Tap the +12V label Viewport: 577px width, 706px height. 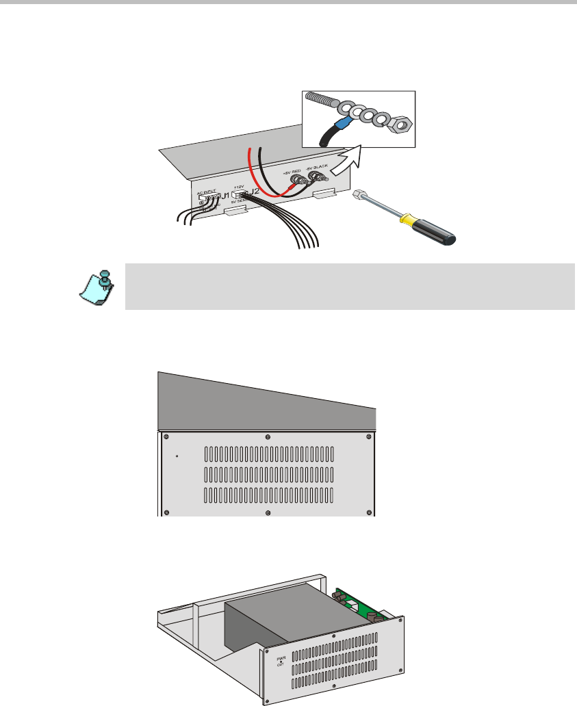239,186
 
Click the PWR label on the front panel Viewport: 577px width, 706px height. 279,659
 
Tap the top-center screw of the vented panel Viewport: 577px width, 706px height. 268,436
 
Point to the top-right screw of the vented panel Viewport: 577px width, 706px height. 370,436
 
